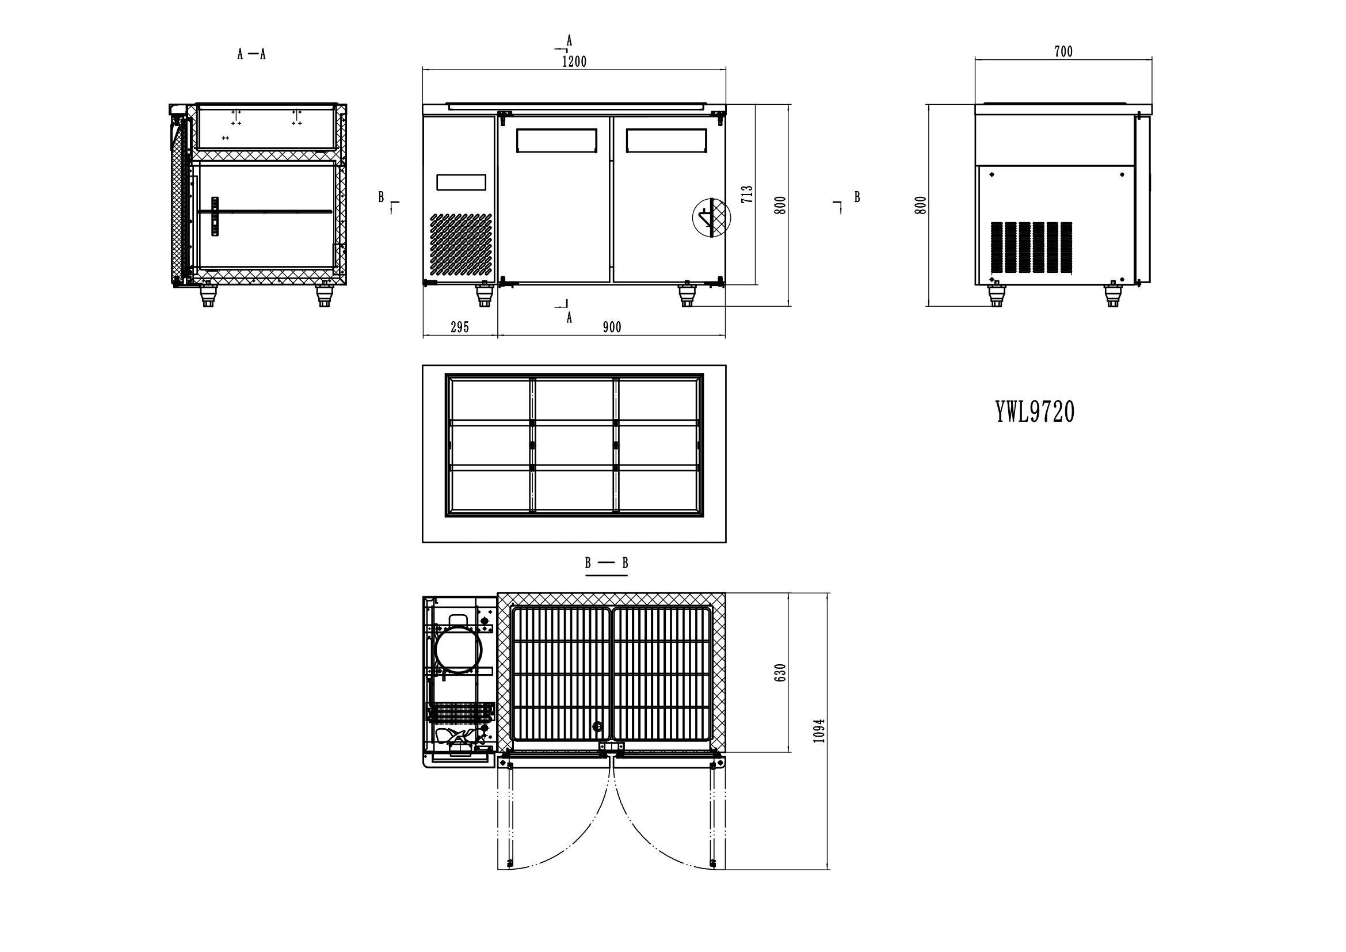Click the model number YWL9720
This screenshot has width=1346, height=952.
pyautogui.click(x=1035, y=412)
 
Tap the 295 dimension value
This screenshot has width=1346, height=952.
pyautogui.click(x=460, y=327)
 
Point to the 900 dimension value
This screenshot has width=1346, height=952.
pyautogui.click(x=612, y=327)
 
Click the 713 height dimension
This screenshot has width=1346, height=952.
pyautogui.click(x=747, y=194)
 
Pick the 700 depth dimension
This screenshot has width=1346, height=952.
pyautogui.click(x=1063, y=52)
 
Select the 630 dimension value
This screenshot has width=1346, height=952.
pyautogui.click(x=780, y=673)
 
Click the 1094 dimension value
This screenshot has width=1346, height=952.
pyautogui.click(x=819, y=730)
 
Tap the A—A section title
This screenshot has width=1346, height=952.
pyautogui.click(x=251, y=55)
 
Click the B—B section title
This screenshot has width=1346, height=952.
pyautogui.click(x=606, y=563)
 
